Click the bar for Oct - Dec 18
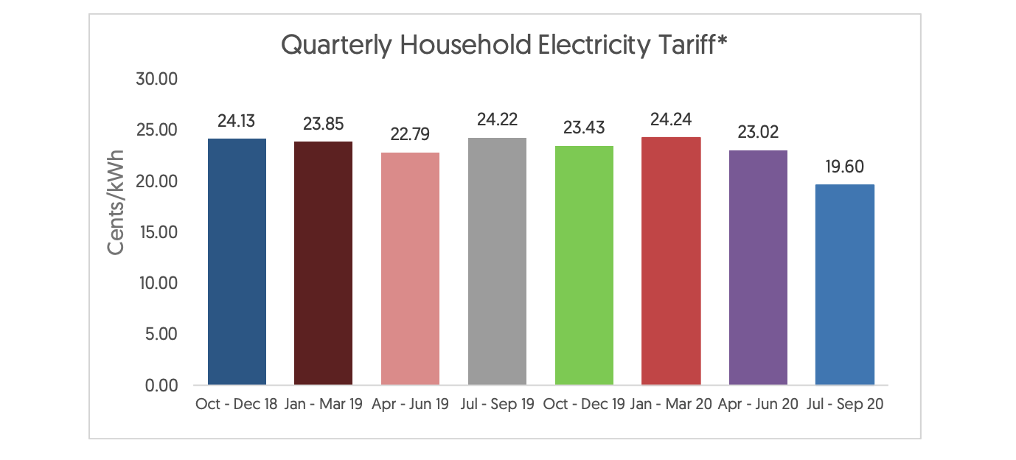click(237, 262)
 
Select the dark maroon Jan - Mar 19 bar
click(323, 263)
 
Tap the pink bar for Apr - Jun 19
click(410, 268)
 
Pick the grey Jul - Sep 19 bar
click(497, 261)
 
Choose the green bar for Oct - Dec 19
click(584, 265)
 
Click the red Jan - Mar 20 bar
click(671, 261)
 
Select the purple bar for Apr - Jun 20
click(758, 267)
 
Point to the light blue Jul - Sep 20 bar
click(845, 285)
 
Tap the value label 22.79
click(410, 136)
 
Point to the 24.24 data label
click(671, 119)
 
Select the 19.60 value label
click(845, 167)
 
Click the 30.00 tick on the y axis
click(157, 79)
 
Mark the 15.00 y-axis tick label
click(158, 232)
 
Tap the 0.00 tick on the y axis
click(161, 386)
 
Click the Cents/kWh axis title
click(116, 203)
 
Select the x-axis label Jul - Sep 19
click(497, 405)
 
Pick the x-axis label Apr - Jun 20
click(758, 405)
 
